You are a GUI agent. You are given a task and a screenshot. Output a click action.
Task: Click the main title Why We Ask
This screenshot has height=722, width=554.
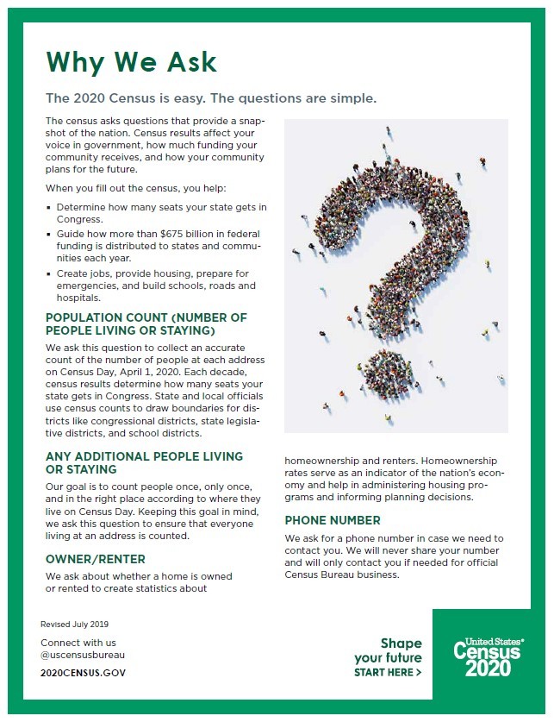click(x=131, y=62)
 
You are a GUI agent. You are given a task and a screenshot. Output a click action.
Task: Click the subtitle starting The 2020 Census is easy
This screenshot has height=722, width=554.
click(x=211, y=98)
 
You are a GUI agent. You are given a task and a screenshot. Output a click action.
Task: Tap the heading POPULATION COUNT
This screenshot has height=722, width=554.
click(x=146, y=324)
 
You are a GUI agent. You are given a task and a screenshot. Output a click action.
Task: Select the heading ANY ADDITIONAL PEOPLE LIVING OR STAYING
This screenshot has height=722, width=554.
click(x=144, y=462)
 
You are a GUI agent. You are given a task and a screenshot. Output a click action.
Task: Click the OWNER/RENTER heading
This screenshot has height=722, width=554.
click(x=96, y=559)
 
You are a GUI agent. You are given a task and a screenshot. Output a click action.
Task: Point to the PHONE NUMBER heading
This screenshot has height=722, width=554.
click(x=332, y=520)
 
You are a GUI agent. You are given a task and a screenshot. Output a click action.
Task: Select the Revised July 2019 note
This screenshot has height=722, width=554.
click(x=75, y=624)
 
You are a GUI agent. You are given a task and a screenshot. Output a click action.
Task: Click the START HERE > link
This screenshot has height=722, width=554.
click(x=388, y=672)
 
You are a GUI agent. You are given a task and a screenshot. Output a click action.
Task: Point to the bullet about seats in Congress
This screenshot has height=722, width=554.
click(x=161, y=213)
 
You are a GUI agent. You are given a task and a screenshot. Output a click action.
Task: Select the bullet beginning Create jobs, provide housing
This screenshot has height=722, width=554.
click(x=161, y=286)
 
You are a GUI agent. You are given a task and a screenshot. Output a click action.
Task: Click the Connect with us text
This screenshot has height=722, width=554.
click(x=78, y=643)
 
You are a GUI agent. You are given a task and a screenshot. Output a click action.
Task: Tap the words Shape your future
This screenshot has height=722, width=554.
click(x=389, y=650)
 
